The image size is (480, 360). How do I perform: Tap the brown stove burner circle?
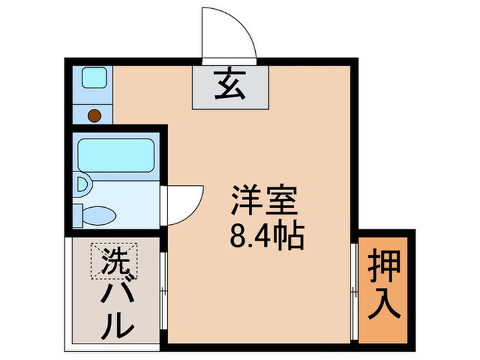[95, 115]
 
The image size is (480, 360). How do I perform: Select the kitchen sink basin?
[94, 77]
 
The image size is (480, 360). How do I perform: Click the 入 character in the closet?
[385, 305]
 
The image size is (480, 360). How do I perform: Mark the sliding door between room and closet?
[353, 288]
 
